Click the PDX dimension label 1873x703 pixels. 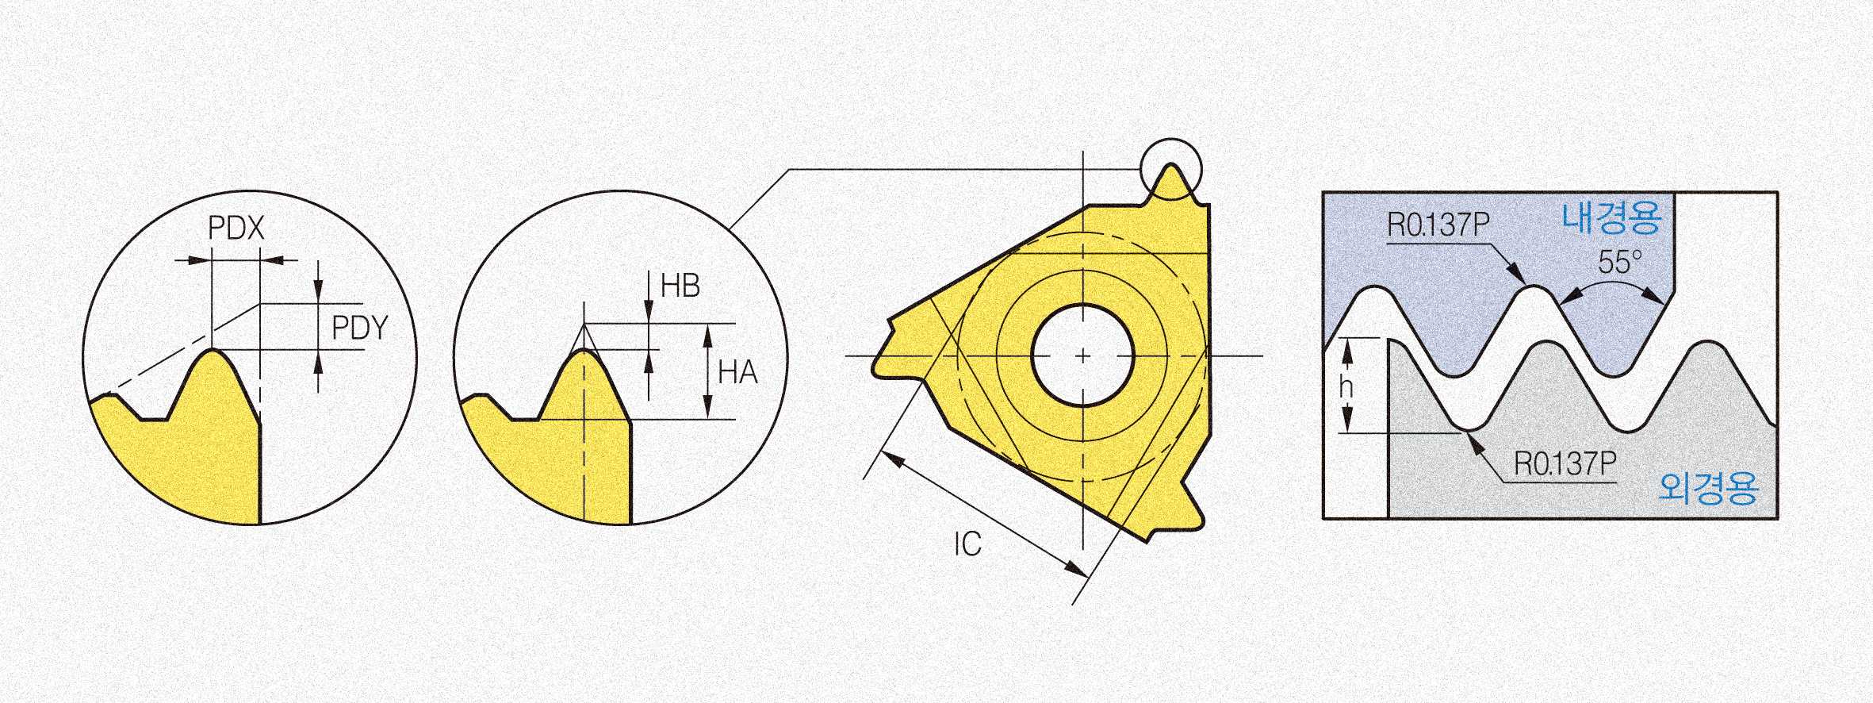coord(236,229)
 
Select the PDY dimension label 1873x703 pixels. coord(360,328)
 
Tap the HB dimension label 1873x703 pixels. coord(680,286)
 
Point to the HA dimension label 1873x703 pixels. coord(737,372)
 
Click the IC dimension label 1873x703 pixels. coord(967,544)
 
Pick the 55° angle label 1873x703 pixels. coord(1620,262)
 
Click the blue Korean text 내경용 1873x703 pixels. coord(1611,217)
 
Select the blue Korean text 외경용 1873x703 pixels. coord(1708,487)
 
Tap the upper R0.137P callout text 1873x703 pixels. coord(1438,225)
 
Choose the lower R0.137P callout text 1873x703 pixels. coord(1565,463)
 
